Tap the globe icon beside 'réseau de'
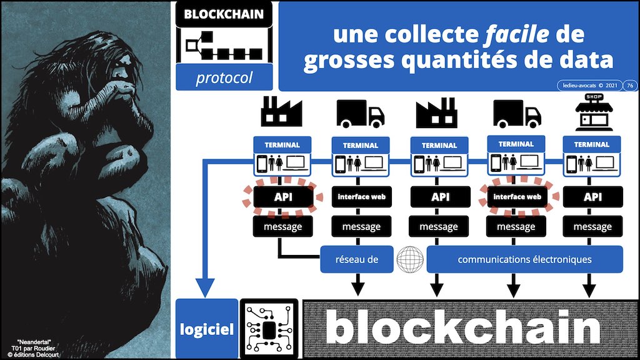coord(410,259)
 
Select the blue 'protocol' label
coord(224,78)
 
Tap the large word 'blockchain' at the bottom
coord(462,329)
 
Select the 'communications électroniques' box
coord(524,259)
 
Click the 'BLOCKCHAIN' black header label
coord(224,13)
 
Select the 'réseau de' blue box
coord(356,259)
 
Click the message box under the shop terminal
coord(592,227)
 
